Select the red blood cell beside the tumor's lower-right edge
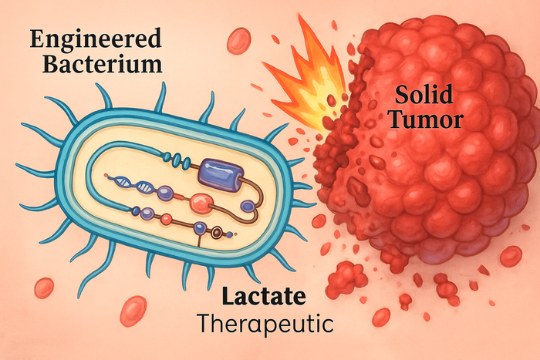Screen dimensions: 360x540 (510, 256)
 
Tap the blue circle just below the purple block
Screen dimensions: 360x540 (248, 206)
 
